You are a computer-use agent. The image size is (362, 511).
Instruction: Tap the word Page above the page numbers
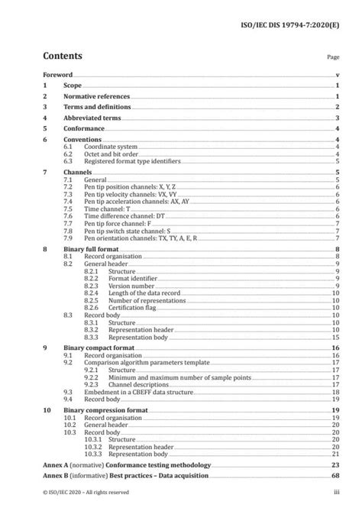(333, 57)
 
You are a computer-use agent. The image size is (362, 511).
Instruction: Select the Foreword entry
(57, 76)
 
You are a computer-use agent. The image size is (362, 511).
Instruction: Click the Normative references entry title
(96, 97)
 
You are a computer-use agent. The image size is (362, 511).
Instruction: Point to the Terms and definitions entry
(99, 108)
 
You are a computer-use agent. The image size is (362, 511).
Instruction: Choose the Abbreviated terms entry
(94, 118)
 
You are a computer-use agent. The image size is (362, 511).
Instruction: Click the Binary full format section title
(92, 250)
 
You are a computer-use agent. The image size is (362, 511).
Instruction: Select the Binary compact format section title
(99, 346)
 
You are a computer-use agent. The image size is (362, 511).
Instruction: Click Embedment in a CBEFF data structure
(136, 390)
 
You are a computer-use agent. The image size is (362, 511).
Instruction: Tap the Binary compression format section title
(105, 410)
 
